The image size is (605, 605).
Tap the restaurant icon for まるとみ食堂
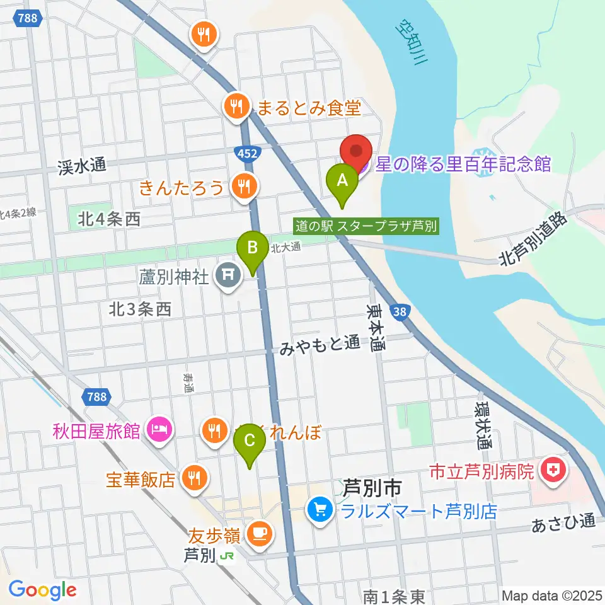(236, 105)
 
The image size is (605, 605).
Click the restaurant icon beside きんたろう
(243, 185)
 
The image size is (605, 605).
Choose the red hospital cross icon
(555, 470)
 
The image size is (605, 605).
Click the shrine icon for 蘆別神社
(226, 275)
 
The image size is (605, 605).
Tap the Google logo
(42, 590)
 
